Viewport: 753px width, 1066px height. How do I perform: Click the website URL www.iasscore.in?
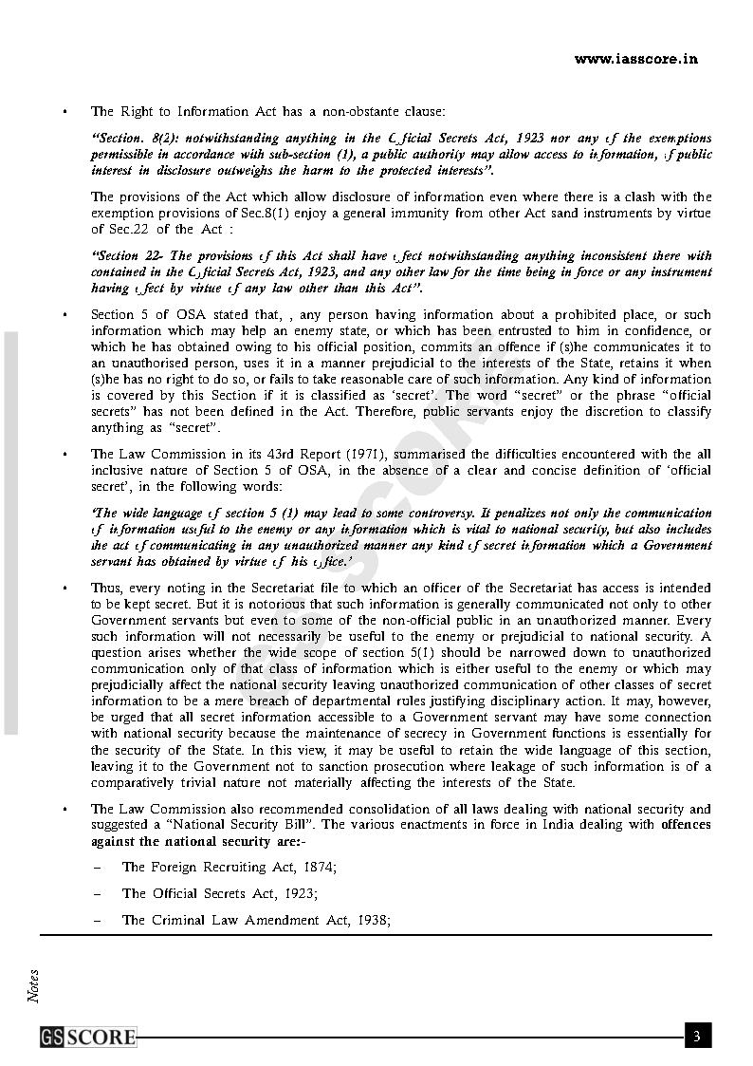[635, 59]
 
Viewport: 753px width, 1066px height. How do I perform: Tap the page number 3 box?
[697, 1036]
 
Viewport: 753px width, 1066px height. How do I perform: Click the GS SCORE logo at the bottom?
[88, 1037]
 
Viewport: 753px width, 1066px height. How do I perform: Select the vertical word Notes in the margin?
[34, 985]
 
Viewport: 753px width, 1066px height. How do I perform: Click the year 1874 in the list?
[318, 867]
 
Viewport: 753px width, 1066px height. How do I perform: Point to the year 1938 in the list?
[372, 920]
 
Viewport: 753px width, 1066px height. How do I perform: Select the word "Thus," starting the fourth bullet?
[107, 588]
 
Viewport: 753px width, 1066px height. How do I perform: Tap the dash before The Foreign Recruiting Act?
[97, 868]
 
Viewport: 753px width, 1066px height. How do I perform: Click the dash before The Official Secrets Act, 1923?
[97, 894]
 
